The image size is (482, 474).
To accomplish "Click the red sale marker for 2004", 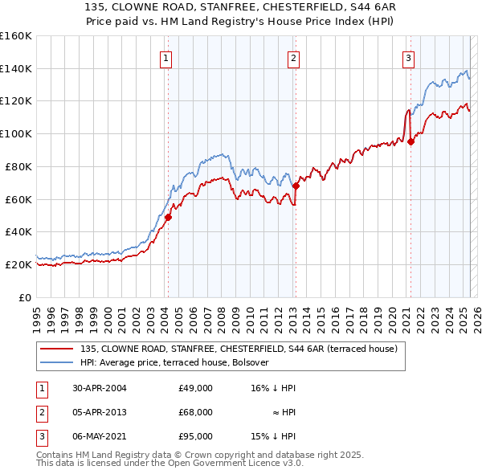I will (168, 217).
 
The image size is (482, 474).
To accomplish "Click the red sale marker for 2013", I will (296, 186).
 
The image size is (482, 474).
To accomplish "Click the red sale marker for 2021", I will (411, 141).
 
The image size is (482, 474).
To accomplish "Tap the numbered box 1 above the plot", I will (165, 58).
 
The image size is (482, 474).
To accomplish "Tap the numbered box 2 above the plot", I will (294, 58).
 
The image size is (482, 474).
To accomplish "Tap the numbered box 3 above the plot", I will (408, 58).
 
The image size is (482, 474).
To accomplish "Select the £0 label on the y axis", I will (24, 297).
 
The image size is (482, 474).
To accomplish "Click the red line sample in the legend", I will (57, 349).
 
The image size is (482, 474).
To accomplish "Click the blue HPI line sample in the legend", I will (57, 362).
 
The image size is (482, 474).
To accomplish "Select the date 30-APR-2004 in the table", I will (99, 388).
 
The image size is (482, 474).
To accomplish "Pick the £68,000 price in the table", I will (196, 412).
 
